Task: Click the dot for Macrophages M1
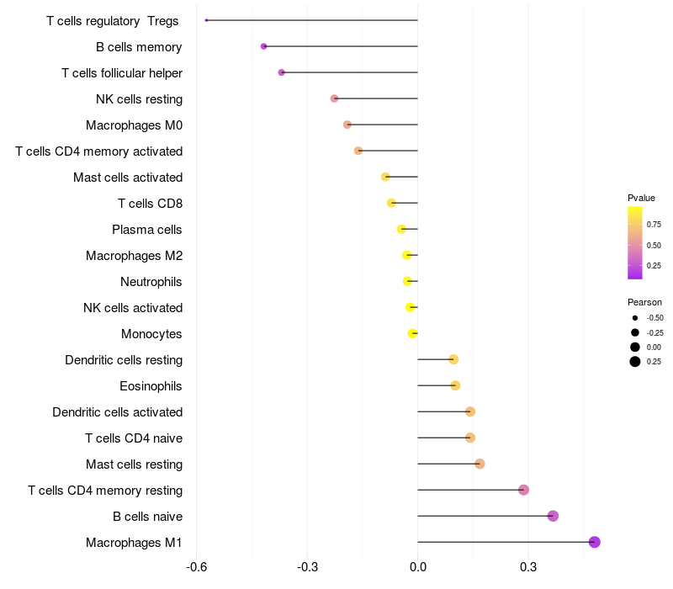pos(595,542)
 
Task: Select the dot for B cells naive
pos(553,516)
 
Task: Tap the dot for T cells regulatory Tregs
pos(206,20)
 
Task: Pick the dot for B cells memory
pos(264,46)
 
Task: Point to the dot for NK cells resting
pos(335,98)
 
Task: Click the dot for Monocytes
pos(412,333)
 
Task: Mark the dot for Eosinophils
pos(455,385)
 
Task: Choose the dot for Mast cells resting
pos(480,464)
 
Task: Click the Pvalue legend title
pos(641,198)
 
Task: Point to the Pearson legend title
pos(644,302)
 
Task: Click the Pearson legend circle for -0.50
pos(635,318)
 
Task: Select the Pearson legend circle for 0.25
pos(635,362)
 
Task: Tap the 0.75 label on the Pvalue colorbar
pos(654,225)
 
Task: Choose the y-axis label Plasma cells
pos(147,229)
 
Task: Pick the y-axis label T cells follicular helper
pos(122,72)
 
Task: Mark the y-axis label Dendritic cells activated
pos(118,411)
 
